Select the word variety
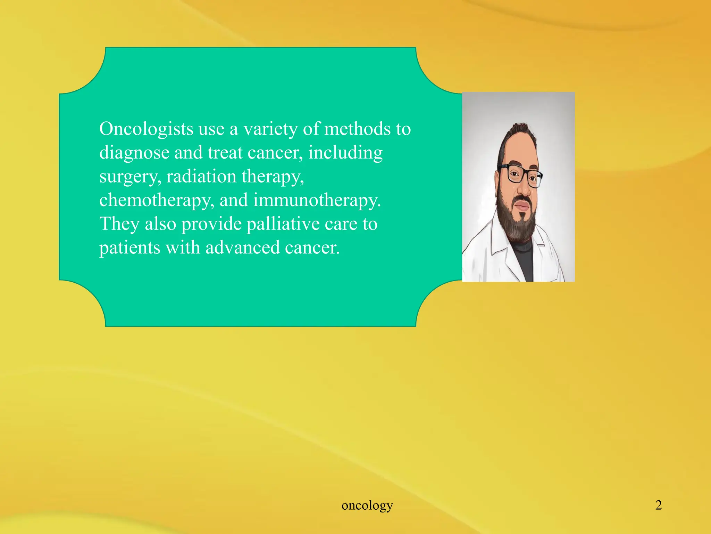[x=270, y=129]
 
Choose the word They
[x=119, y=224]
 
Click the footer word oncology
[x=367, y=505]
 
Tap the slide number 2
[x=658, y=505]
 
